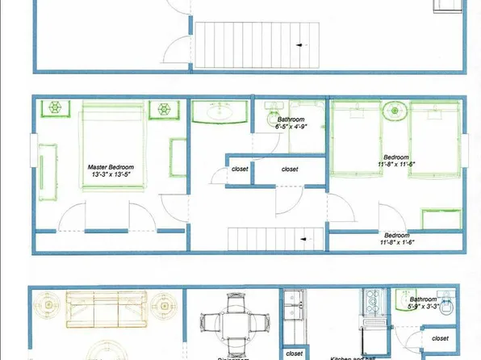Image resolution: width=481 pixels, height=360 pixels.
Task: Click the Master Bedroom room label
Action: click(111, 172)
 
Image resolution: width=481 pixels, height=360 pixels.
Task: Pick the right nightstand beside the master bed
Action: click(164, 108)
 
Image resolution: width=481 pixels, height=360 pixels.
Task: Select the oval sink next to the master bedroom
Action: click(220, 112)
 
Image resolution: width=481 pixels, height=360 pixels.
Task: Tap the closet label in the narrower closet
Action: click(240, 170)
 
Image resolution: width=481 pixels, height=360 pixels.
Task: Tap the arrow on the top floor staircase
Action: click(302, 45)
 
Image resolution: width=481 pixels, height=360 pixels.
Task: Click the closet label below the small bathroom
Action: click(441, 337)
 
